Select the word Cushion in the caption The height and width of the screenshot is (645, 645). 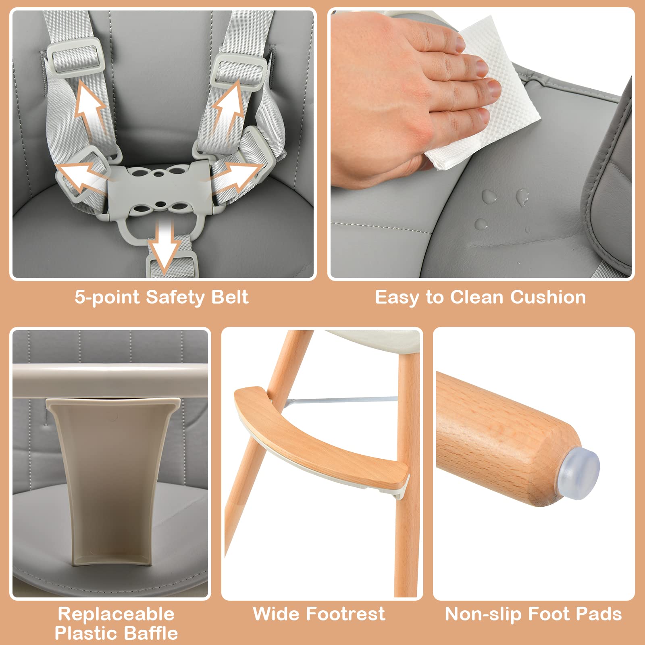[548, 297]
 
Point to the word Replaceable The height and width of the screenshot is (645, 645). [116, 614]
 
